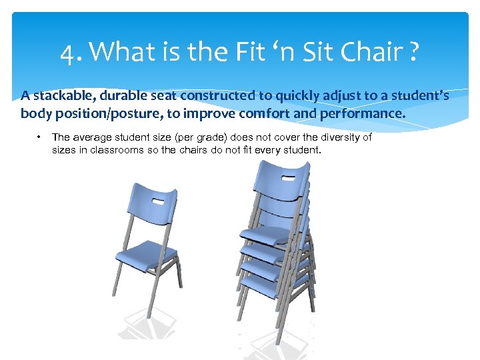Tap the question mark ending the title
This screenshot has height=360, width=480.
click(x=415, y=51)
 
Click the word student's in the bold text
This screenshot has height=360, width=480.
click(x=419, y=96)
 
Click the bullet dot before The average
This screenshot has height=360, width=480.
click(x=39, y=137)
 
